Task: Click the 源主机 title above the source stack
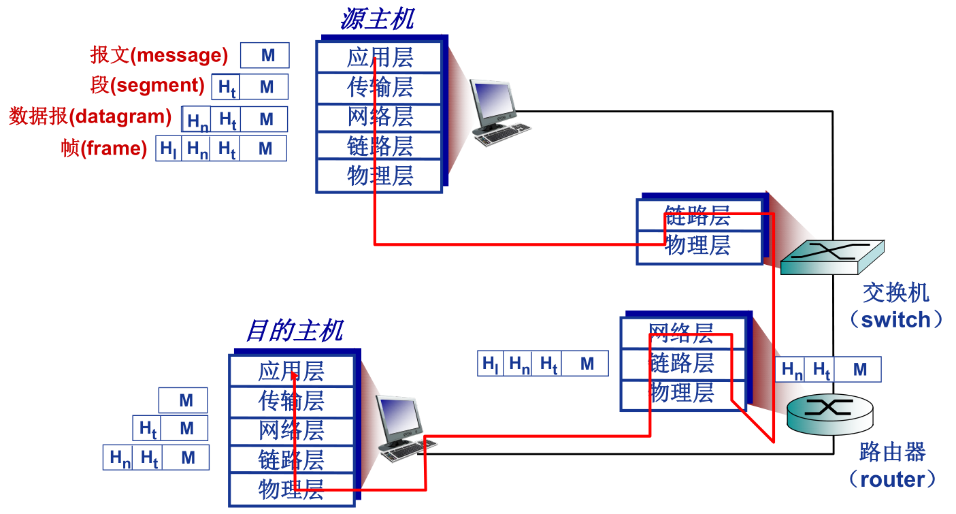376,19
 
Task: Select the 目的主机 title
294,331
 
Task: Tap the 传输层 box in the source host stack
380,88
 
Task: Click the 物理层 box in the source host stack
380,176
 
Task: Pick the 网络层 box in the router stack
681,334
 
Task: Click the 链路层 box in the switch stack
697,216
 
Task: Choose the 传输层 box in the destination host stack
291,401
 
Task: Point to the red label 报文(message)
159,55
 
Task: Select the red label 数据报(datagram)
90,116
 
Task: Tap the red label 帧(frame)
104,148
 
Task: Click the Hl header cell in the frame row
169,148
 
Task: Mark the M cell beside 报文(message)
267,55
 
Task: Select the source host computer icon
497,112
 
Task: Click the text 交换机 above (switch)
895,293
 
